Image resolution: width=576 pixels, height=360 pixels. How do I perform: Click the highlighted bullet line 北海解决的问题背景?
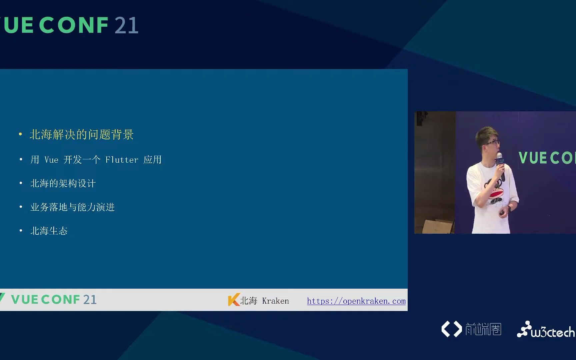pos(81,135)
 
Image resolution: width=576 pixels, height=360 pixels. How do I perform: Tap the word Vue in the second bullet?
pos(51,160)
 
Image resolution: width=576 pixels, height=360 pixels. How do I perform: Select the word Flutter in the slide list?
pos(122,160)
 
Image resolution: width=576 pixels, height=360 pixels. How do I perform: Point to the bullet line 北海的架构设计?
pos(63,184)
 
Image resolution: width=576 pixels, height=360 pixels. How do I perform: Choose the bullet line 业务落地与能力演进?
pos(72,207)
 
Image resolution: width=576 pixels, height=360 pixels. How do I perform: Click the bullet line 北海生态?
pos(49,231)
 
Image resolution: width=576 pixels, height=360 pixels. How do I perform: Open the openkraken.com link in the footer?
pos(356,301)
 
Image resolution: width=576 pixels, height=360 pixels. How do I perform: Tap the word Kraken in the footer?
pos(275,301)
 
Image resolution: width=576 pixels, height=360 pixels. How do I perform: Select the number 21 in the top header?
pos(126,26)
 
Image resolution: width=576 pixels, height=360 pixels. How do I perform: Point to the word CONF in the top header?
pos(76,26)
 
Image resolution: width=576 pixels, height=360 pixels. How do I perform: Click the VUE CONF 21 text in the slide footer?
pos(54,300)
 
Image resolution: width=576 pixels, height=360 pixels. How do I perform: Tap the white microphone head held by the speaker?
pos(499,155)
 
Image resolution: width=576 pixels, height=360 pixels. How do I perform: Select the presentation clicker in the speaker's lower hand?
pos(502,213)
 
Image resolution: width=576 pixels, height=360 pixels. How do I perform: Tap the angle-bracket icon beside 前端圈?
pos(452,329)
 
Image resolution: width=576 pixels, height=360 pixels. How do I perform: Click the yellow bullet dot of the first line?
pos(21,134)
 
